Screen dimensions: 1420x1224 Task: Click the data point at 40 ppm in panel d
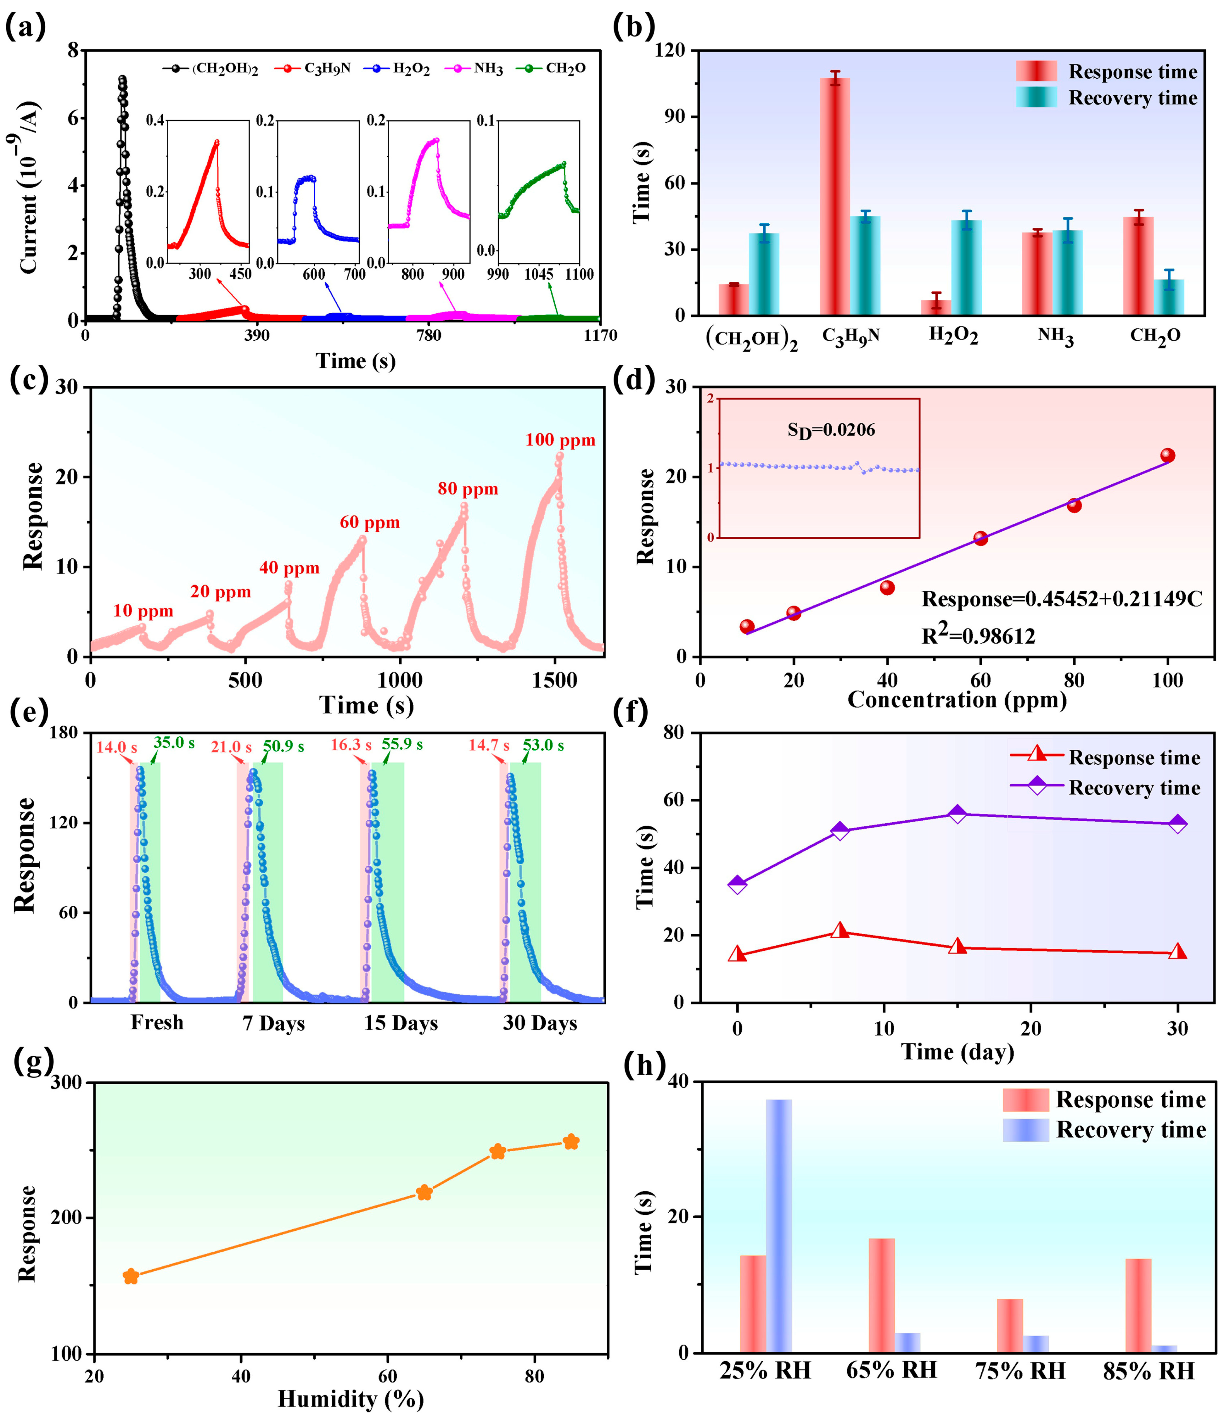point(887,587)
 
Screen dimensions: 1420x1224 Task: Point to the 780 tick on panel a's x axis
point(429,336)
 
